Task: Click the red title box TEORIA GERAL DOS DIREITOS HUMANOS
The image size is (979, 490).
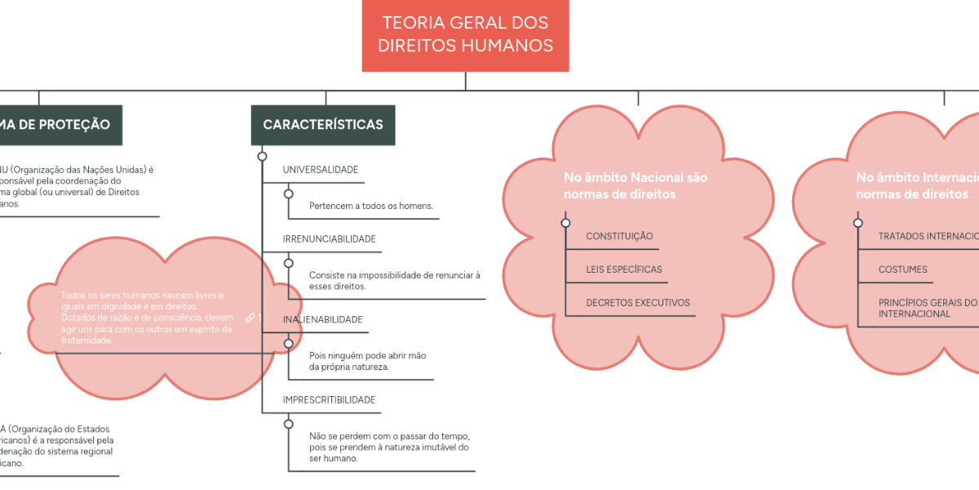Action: (x=465, y=34)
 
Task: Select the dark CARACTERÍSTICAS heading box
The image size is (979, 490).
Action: (x=323, y=125)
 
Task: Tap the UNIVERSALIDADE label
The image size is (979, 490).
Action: (x=321, y=170)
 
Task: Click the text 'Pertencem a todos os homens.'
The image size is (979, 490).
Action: (x=370, y=206)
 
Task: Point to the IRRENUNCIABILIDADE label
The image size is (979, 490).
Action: (x=329, y=239)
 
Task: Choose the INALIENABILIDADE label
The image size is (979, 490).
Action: (x=322, y=319)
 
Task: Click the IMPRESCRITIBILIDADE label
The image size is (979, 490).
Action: (x=329, y=400)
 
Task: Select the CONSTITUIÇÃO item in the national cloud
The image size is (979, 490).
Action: (x=619, y=237)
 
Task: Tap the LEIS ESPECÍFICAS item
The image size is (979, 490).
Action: (x=624, y=269)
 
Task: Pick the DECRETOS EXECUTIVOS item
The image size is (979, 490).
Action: (x=638, y=303)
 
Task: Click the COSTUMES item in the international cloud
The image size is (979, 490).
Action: (x=902, y=269)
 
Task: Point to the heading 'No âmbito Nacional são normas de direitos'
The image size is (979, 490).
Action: (x=636, y=185)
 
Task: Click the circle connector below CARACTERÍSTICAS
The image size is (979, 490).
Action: (x=262, y=156)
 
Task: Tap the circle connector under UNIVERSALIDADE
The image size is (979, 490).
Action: (x=288, y=194)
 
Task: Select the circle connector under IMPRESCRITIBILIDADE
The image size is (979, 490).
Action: (x=288, y=424)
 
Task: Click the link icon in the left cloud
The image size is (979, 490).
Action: (x=250, y=318)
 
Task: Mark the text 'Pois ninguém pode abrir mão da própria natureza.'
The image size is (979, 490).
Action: (x=367, y=361)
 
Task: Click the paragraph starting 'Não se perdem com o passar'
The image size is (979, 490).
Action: (x=389, y=447)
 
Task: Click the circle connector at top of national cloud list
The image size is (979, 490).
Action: (x=565, y=223)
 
